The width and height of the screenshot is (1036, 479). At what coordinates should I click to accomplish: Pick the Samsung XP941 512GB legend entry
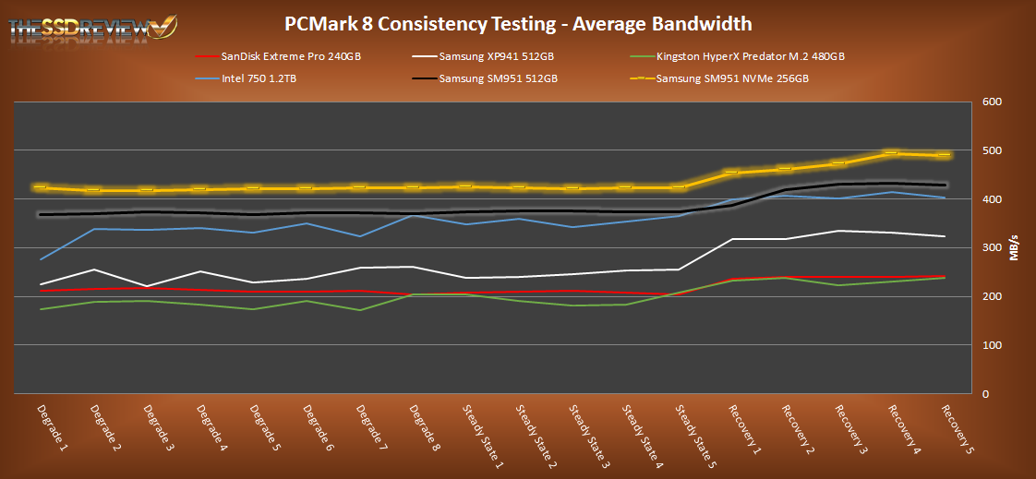click(498, 56)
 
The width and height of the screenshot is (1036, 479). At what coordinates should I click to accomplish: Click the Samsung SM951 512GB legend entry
click(498, 78)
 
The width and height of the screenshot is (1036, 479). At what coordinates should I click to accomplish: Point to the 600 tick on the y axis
click(992, 102)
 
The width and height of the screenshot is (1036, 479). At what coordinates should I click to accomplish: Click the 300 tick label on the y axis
click(992, 248)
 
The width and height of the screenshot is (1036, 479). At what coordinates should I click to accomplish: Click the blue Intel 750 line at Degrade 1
click(39, 259)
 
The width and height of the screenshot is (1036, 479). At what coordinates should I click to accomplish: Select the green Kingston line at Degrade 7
click(358, 310)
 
